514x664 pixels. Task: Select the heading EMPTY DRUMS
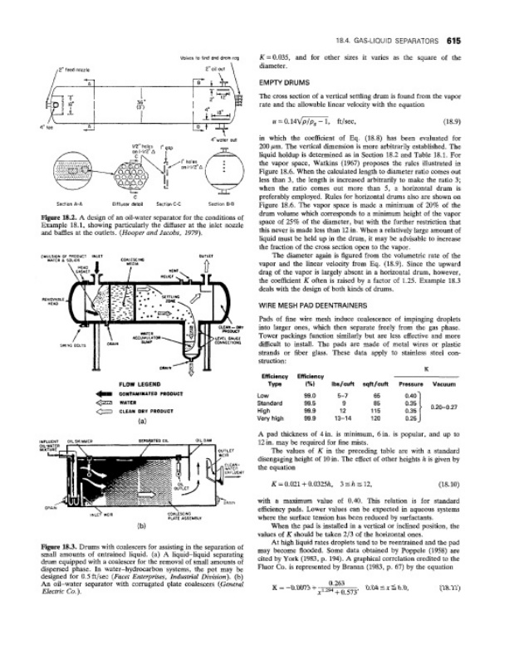286,84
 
